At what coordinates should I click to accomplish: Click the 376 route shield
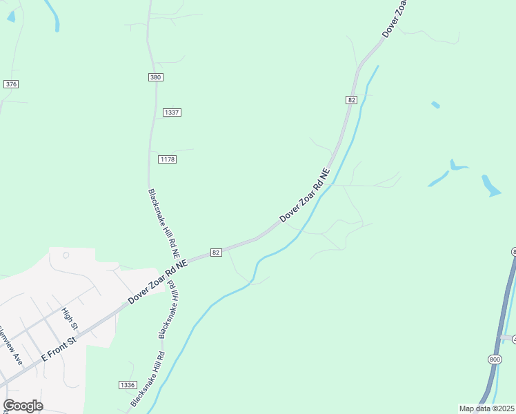click(10, 84)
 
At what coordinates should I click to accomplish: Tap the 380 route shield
click(155, 77)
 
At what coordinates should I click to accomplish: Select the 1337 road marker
click(172, 112)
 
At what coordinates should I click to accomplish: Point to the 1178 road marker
click(168, 159)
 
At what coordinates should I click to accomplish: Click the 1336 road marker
click(127, 385)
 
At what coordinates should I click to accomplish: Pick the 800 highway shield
click(495, 360)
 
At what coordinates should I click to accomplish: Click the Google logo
click(23, 406)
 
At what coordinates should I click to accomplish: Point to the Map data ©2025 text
click(486, 408)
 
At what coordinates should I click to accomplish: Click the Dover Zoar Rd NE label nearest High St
click(157, 283)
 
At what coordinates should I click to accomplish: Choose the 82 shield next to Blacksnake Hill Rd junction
click(216, 253)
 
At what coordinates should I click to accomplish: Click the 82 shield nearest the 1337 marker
click(351, 100)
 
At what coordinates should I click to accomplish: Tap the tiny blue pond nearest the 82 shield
click(435, 105)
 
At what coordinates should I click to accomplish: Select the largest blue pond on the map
click(490, 186)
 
